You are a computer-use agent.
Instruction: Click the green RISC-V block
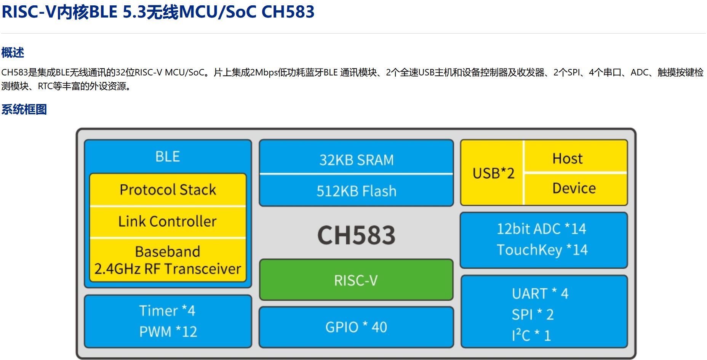click(356, 280)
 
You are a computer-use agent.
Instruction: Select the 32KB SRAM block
click(356, 160)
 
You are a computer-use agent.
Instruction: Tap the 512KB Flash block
click(356, 190)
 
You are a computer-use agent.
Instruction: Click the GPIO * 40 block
click(356, 327)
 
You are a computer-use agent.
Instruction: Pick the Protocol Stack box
click(168, 189)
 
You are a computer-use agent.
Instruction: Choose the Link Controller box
click(168, 221)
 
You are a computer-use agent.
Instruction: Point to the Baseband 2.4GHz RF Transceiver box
click(168, 260)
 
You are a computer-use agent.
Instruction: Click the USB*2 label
click(493, 173)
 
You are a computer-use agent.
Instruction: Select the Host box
click(568, 158)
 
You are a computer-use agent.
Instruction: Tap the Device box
click(574, 188)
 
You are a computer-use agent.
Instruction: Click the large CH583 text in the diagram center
click(356, 235)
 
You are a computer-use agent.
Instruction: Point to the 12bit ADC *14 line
click(541, 229)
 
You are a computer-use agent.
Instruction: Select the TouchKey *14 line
click(542, 250)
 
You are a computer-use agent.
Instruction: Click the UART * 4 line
click(540, 293)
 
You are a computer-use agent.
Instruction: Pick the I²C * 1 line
click(531, 335)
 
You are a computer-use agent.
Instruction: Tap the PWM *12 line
click(168, 331)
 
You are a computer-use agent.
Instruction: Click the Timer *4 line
click(167, 310)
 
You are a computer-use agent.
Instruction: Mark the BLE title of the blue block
click(168, 157)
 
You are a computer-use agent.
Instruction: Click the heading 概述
click(13, 52)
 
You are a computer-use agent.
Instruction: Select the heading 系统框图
click(24, 109)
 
